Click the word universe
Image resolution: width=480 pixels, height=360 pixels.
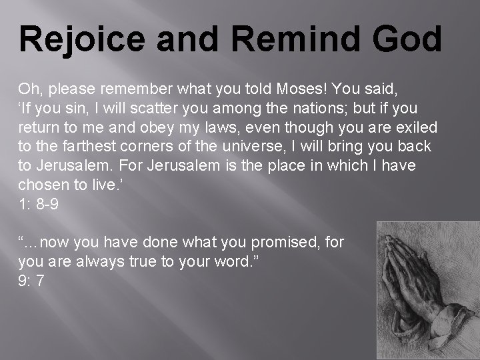257,147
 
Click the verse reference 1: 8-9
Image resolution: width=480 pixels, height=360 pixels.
38,205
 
